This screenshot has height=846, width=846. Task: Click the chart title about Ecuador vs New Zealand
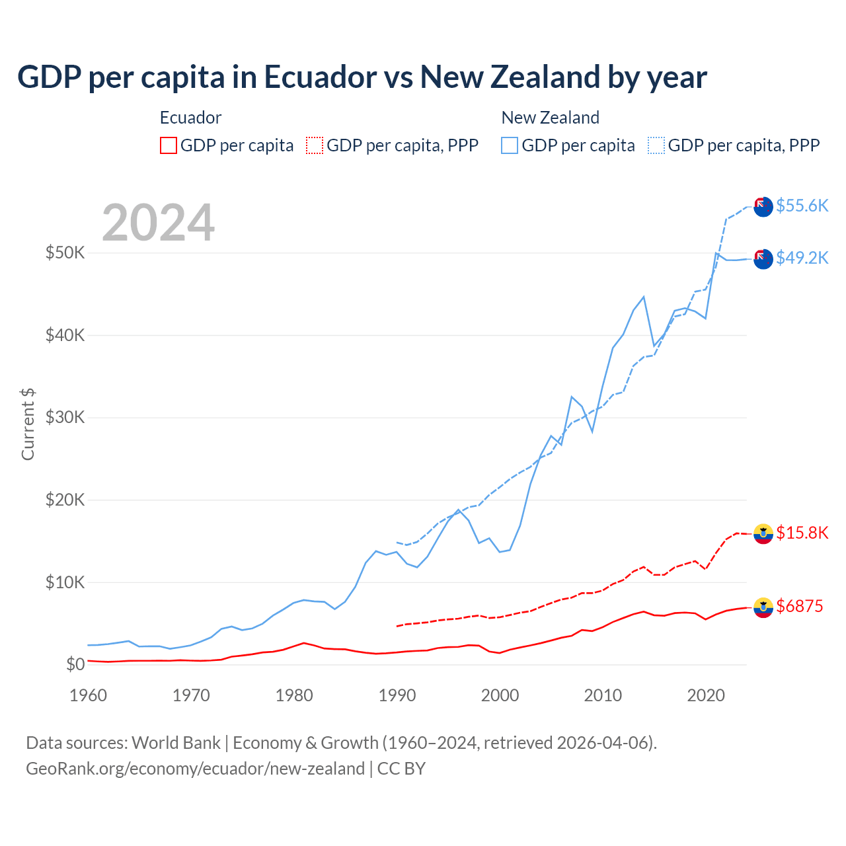[x=362, y=77]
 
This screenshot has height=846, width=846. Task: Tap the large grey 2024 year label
[x=158, y=223]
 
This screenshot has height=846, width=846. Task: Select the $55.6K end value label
[x=802, y=206]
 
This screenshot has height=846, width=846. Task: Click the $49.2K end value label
[x=802, y=258]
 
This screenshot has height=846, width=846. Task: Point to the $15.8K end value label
[x=802, y=533]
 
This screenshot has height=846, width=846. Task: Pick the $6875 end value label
[x=799, y=606]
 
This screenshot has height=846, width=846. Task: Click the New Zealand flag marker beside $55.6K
[x=763, y=206]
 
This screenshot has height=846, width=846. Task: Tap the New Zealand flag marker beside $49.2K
[x=763, y=258]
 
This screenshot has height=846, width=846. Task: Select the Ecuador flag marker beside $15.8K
[x=763, y=533]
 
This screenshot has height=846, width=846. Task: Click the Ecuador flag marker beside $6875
[x=763, y=607]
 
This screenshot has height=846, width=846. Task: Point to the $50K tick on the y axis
[x=65, y=253]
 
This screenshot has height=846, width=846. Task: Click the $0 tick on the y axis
[x=75, y=664]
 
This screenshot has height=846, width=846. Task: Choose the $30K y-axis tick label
[x=65, y=418]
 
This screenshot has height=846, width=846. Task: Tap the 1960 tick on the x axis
[x=88, y=695]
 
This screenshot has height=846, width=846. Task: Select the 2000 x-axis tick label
[x=500, y=695]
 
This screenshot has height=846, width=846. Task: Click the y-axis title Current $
[x=28, y=424]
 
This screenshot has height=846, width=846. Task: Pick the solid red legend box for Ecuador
[x=169, y=145]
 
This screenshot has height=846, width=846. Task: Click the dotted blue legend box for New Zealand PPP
[x=656, y=145]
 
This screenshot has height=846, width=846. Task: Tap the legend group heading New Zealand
[x=550, y=118]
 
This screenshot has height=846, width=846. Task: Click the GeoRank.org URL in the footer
[x=195, y=769]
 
